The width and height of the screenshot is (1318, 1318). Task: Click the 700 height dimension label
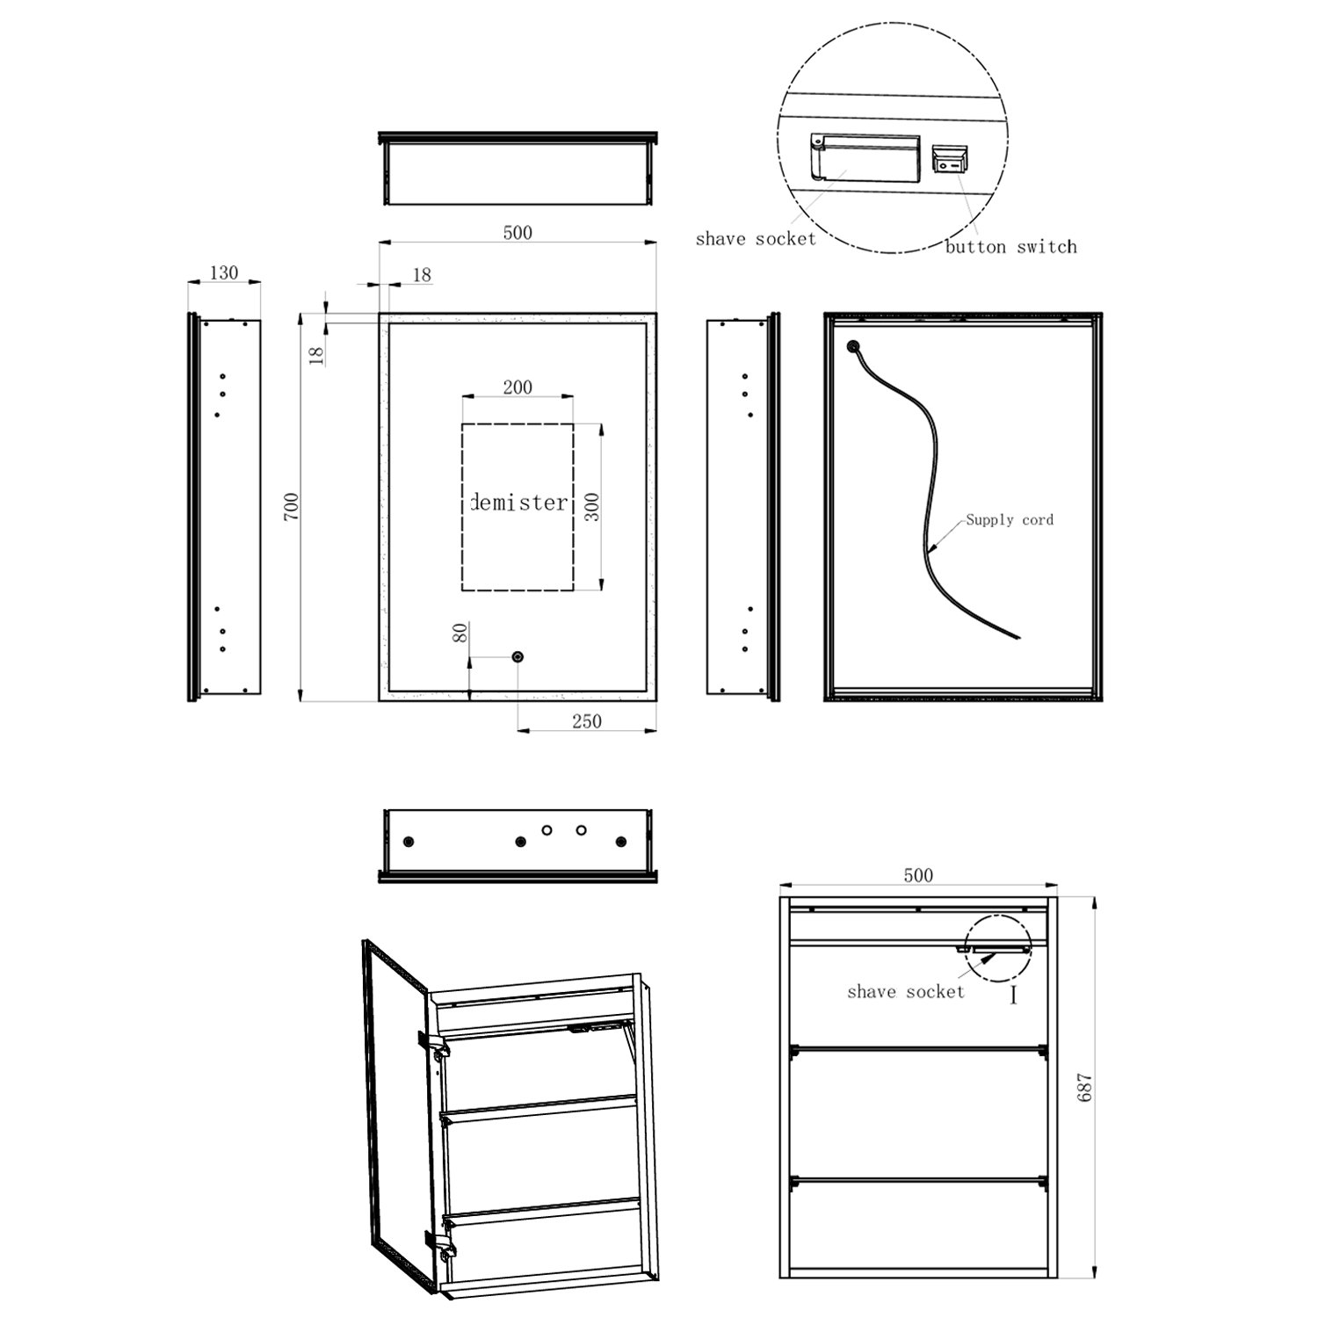tap(292, 506)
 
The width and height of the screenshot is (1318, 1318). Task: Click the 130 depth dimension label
tap(224, 272)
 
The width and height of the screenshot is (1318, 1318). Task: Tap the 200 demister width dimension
tap(518, 387)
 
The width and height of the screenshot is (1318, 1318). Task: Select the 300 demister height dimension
tap(591, 506)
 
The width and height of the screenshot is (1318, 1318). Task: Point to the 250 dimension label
tap(587, 721)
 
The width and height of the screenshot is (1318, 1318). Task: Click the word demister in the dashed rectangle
tap(519, 503)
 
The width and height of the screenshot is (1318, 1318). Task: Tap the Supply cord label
tap(1010, 519)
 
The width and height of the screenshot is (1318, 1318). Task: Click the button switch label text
tap(1010, 247)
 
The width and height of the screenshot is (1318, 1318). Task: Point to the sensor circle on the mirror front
tap(518, 656)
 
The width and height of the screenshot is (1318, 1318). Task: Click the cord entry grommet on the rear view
tap(852, 346)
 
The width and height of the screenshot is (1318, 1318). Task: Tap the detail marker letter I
tap(1013, 995)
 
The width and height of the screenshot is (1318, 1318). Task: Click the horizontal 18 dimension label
tap(422, 274)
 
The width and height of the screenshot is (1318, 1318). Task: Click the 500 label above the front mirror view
tap(518, 232)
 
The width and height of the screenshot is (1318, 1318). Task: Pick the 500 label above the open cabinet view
tap(918, 875)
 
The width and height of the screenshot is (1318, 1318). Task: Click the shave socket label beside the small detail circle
tap(905, 991)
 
